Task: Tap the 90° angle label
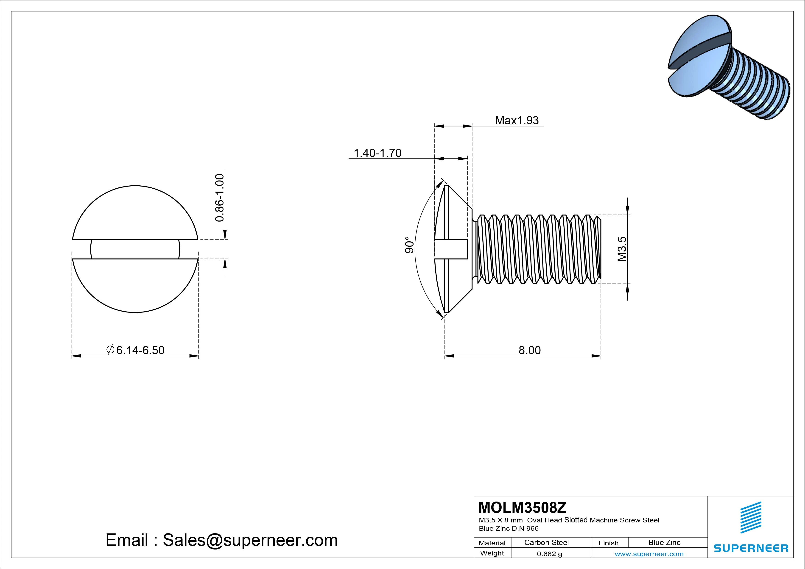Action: click(x=409, y=245)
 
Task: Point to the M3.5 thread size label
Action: click(x=622, y=249)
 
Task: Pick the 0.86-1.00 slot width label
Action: click(x=219, y=198)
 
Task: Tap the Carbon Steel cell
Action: click(x=546, y=542)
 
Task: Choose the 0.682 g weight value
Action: click(x=549, y=554)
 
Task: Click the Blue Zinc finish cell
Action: click(x=664, y=542)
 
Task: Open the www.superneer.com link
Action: click(x=649, y=554)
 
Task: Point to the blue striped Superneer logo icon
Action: click(x=751, y=517)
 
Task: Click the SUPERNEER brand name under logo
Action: click(x=751, y=548)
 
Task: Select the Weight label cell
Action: click(x=492, y=553)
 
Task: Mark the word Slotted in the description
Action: click(x=576, y=520)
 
